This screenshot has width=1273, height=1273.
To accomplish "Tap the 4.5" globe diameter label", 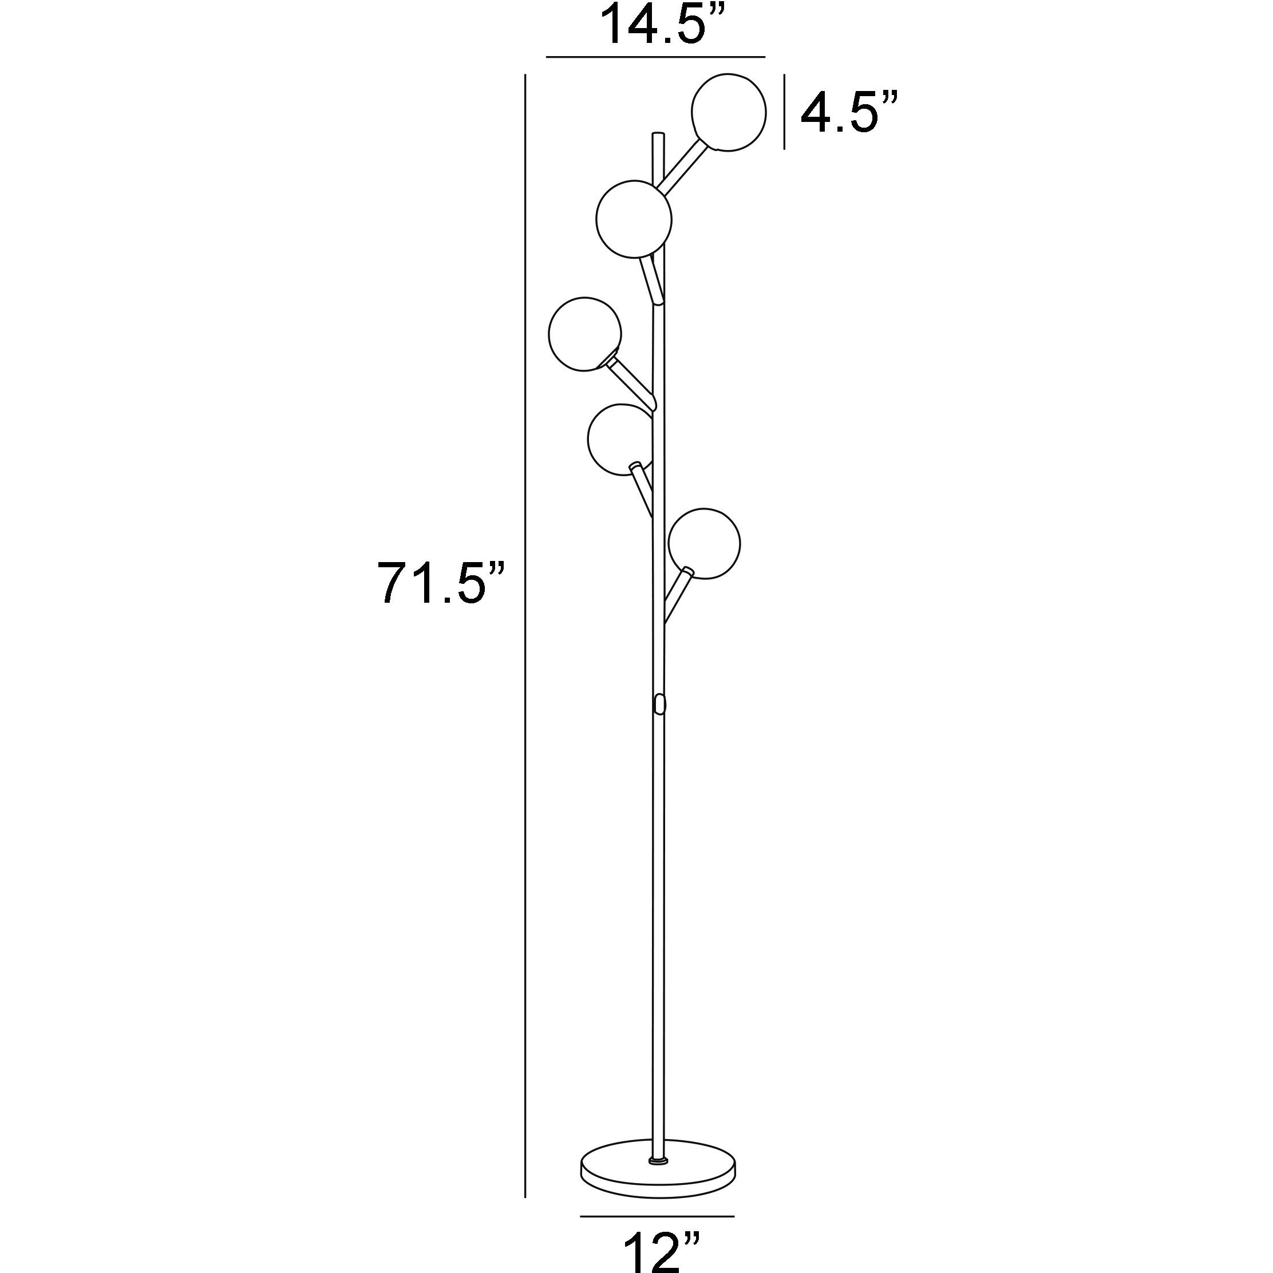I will click(x=848, y=113).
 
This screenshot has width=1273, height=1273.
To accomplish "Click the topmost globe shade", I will click(x=729, y=113).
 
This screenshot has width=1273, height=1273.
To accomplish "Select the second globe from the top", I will click(x=633, y=219).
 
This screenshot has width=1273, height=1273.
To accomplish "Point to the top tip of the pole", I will click(x=658, y=136).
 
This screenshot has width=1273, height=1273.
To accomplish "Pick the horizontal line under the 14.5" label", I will click(x=655, y=58).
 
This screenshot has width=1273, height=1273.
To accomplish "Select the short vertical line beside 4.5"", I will click(x=784, y=113).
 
